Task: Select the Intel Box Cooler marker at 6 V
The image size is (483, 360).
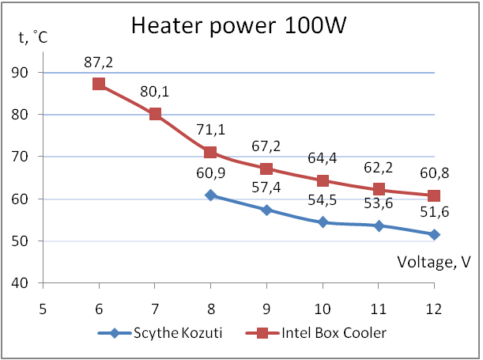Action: pyautogui.click(x=100, y=84)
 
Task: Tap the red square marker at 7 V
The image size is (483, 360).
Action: pyautogui.click(x=155, y=114)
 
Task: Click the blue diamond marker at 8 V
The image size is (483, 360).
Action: pyautogui.click(x=211, y=195)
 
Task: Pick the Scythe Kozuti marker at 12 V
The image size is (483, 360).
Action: pyautogui.click(x=434, y=234)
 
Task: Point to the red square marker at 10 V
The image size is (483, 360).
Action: pyautogui.click(x=323, y=180)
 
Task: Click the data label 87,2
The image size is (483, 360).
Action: pyautogui.click(x=100, y=62)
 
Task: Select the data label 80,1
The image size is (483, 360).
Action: pyautogui.click(x=155, y=92)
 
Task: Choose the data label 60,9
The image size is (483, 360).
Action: pyautogui.click(x=211, y=173)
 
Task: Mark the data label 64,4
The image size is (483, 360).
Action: pyautogui.click(x=323, y=159)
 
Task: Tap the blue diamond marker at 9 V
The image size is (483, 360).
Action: pyautogui.click(x=266, y=210)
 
